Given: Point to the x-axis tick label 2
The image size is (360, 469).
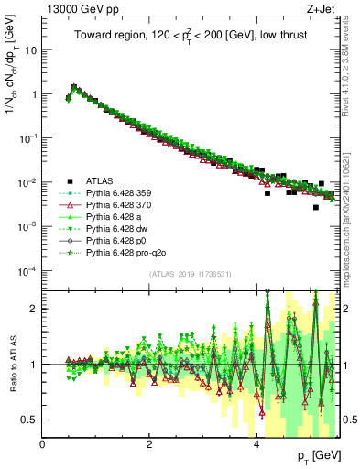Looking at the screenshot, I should tap(149, 444).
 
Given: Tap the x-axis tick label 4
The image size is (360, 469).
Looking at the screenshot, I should tap(256, 444).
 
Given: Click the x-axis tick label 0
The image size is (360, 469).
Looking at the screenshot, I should tap(42, 444).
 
